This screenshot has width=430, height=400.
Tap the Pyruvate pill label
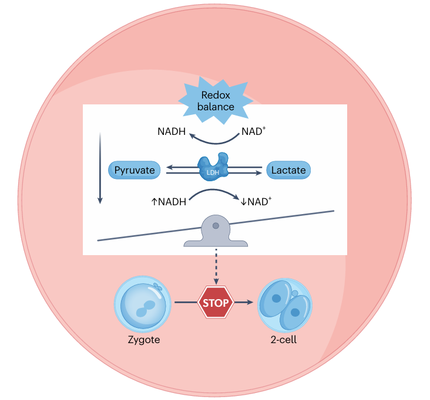(x=135, y=171)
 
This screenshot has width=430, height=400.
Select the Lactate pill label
(x=288, y=171)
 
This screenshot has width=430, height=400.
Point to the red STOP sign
(x=216, y=303)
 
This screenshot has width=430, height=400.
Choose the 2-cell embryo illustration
(x=285, y=304)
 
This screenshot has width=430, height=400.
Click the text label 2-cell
(x=285, y=339)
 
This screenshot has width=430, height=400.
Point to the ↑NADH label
(x=169, y=202)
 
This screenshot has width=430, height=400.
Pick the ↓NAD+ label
(x=256, y=202)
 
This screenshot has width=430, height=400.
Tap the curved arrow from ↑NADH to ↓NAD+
(x=213, y=192)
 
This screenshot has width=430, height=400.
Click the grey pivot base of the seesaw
(x=216, y=235)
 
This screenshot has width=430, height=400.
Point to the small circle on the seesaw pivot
(x=216, y=225)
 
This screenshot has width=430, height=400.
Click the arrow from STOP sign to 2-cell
(x=245, y=303)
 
